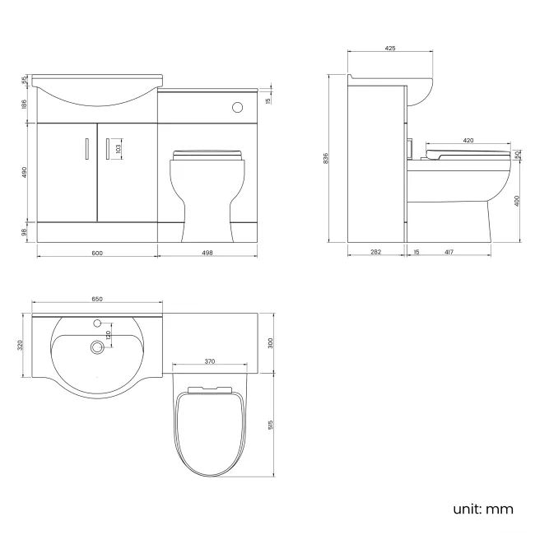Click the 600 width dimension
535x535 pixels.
click(97, 254)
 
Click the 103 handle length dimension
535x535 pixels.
click(119, 149)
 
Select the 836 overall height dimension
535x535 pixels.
click(328, 157)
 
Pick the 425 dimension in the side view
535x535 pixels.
click(390, 49)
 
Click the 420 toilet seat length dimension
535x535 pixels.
click(468, 141)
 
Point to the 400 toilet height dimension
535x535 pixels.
click(516, 201)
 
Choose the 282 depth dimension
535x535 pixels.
click(375, 254)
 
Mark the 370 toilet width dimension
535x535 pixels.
click(210, 361)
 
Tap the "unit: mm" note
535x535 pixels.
click(483, 509)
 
